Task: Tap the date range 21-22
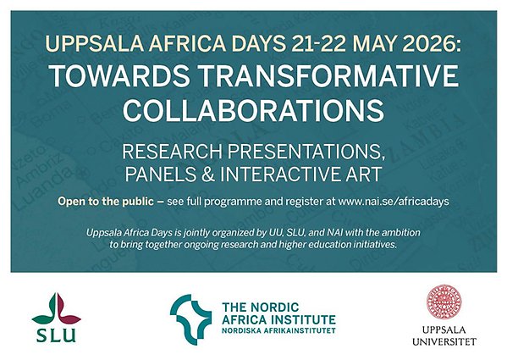[x=319, y=43]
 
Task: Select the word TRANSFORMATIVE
[x=328, y=76]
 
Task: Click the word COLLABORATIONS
[x=253, y=110]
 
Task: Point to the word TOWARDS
[x=120, y=76]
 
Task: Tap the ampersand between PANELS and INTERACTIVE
[x=208, y=174]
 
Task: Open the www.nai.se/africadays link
[x=394, y=202]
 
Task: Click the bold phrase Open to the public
[x=106, y=202]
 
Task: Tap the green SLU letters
[x=56, y=335]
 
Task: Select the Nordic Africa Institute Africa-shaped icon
[x=190, y=319]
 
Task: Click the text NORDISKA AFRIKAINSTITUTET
[x=278, y=331]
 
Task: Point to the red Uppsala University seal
[x=444, y=302]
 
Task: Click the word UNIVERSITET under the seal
[x=444, y=341]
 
